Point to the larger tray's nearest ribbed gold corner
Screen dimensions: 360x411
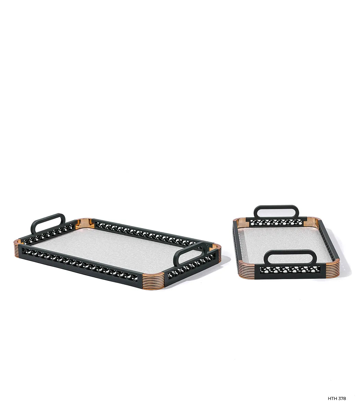tap(153, 281)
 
